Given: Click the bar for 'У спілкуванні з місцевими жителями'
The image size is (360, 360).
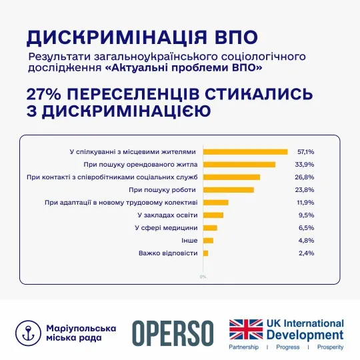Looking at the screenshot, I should (x=245, y=152).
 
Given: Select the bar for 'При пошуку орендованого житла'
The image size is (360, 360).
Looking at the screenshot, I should (x=239, y=165).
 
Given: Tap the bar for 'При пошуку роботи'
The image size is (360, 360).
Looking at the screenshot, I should (x=228, y=190).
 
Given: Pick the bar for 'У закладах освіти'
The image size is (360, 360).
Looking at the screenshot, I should (x=213, y=215).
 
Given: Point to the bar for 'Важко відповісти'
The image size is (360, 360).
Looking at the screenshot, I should (x=205, y=253).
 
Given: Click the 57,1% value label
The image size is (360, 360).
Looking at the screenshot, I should (x=305, y=152).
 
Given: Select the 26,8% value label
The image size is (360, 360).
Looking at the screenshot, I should (x=305, y=177).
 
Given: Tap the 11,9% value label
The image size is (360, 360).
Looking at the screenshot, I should (x=305, y=203).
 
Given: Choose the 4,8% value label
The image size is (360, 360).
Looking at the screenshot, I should (x=306, y=241).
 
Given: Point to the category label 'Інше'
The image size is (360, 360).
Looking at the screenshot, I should (x=189, y=241).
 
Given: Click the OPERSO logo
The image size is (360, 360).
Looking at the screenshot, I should (x=173, y=332).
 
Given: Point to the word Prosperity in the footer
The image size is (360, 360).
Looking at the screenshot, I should (x=329, y=347).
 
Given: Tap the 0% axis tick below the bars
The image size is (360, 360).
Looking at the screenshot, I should (x=203, y=276).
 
